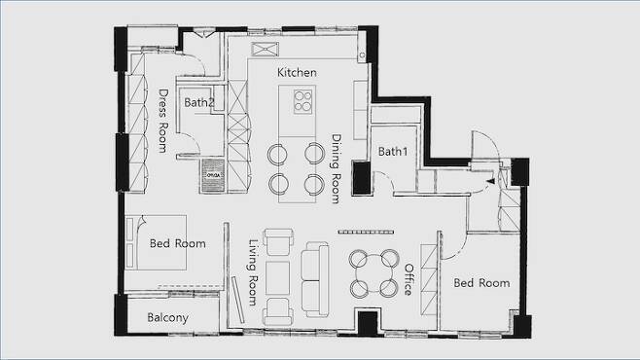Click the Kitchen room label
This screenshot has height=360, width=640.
point(297,73)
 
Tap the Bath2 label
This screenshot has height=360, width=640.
point(198,102)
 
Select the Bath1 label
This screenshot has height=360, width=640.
point(393,152)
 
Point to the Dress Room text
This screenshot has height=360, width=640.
point(162,121)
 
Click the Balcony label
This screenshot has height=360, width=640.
point(167,317)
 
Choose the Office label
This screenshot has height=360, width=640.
point(409,279)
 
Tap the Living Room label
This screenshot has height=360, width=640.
point(254,272)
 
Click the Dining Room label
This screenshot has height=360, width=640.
point(336,168)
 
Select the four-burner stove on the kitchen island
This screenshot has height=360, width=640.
point(302,101)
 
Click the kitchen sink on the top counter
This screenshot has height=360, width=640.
point(265,49)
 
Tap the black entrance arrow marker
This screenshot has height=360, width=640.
point(490,180)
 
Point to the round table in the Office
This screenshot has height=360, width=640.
point(373,273)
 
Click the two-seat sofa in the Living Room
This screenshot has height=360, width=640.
point(315,279)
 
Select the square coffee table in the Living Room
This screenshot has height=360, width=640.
point(277,278)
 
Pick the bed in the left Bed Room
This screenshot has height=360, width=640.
point(157,242)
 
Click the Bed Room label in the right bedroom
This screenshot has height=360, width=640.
point(481,283)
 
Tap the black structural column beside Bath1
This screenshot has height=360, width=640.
point(362,177)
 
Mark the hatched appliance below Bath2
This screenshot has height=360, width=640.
point(213,175)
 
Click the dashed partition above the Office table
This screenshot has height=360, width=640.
point(366,233)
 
